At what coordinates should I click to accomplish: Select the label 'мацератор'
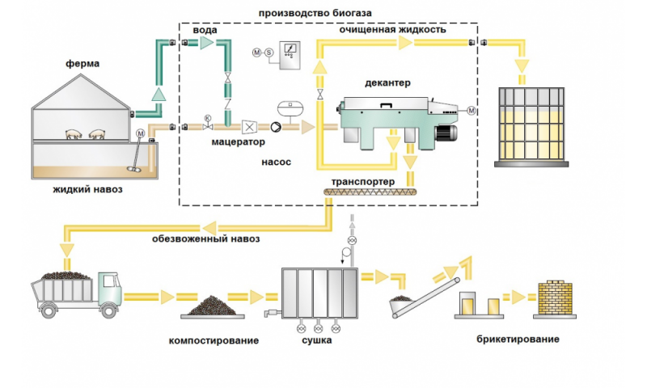(239, 142)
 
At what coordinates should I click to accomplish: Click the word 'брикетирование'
(518, 339)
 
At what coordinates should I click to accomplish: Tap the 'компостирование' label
(214, 340)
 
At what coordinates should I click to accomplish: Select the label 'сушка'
(316, 340)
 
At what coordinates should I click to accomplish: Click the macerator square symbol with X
(250, 127)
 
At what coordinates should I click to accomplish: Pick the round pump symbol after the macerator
(277, 127)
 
